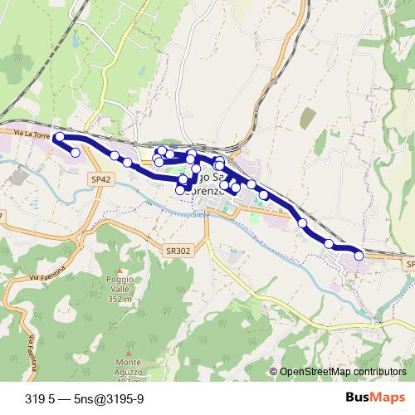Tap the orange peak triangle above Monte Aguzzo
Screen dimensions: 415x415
coord(129,354)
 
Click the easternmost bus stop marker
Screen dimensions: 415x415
coord(359,256)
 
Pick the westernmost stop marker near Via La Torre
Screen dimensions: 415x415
coord(59,137)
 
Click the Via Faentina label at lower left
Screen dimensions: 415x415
coord(32,353)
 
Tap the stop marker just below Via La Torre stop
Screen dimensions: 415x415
coord(76,152)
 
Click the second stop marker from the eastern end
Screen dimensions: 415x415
coord(330,244)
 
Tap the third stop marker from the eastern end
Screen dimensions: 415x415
coord(303,223)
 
